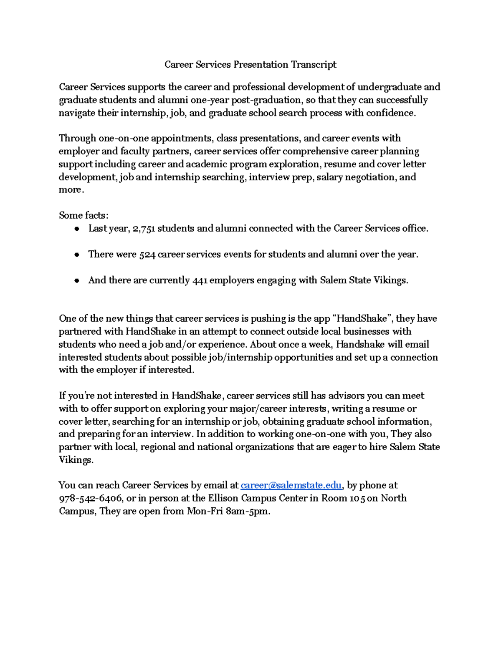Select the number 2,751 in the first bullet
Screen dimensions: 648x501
(x=143, y=229)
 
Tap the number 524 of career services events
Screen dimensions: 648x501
(x=147, y=255)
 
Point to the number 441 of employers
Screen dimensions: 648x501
(x=200, y=280)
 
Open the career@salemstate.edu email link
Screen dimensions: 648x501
(x=291, y=485)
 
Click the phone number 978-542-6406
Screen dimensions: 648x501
(x=90, y=498)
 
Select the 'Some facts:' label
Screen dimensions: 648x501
(x=83, y=215)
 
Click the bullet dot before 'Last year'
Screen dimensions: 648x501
(x=76, y=229)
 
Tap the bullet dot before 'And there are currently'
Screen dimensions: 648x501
(x=76, y=280)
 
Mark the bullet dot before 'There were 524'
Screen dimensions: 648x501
(x=76, y=255)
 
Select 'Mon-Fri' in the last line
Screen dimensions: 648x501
(x=205, y=511)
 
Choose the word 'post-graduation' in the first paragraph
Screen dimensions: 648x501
(x=266, y=100)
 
